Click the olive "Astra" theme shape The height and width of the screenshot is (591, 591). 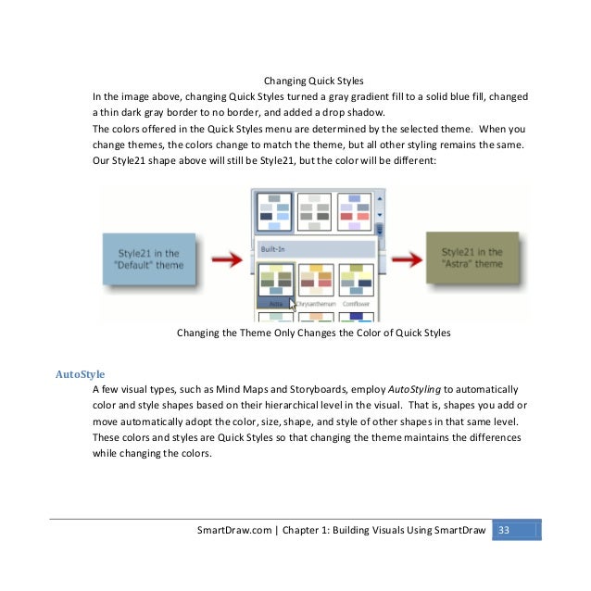472,258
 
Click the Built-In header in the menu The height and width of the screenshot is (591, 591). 315,249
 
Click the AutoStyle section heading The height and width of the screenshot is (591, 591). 81,374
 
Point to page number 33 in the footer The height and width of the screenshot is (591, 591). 506,530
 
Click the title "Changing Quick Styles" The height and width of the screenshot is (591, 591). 314,81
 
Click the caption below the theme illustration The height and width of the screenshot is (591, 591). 313,333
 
